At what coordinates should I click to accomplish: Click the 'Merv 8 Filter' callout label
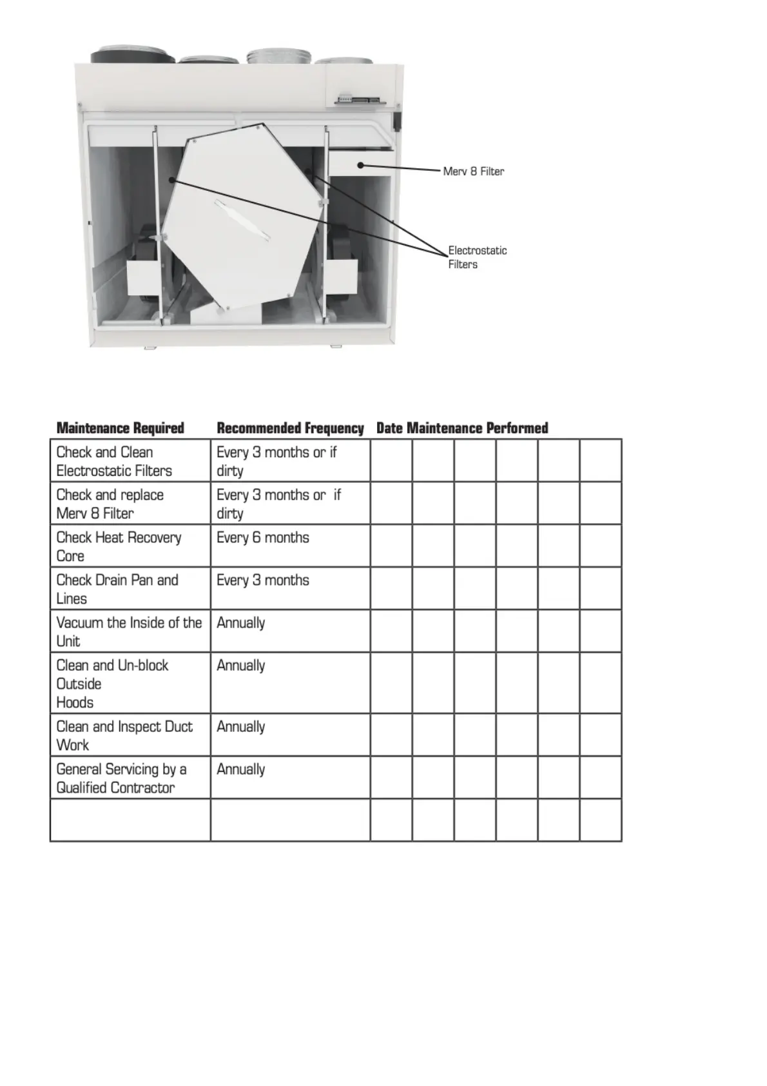[473, 172]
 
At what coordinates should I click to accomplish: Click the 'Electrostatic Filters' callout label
[477, 257]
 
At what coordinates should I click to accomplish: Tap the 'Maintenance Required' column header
[121, 428]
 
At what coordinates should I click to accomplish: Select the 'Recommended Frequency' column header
[290, 428]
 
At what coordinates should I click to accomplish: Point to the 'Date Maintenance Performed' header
[462, 428]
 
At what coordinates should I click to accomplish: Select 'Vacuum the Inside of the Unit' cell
[129, 631]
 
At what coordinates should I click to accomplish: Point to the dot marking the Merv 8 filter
[361, 165]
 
